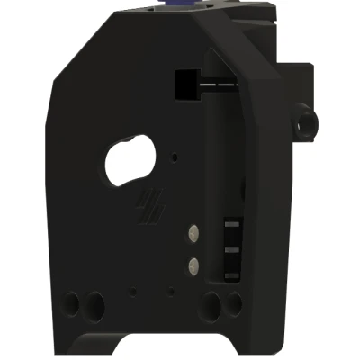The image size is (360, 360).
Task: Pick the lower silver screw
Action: (x=193, y=265)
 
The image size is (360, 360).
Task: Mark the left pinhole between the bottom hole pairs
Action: (x=133, y=291)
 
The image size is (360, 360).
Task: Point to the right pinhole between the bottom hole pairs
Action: (x=169, y=291)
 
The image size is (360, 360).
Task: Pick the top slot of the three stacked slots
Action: (x=230, y=224)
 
